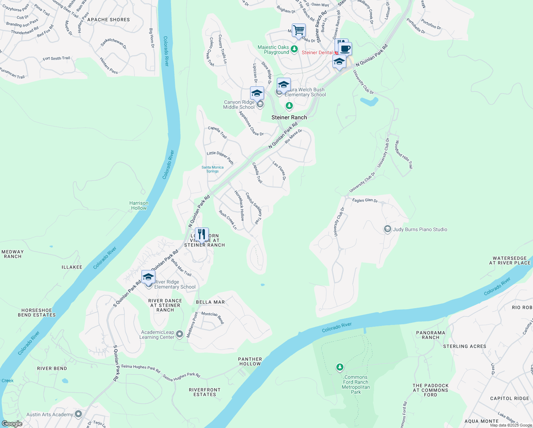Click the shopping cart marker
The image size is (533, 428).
click(x=299, y=30)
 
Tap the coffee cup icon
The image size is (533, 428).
click(x=345, y=49)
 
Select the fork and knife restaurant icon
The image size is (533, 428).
click(x=202, y=234)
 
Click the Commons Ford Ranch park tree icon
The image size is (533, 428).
click(x=340, y=367)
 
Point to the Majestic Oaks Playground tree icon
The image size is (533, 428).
click(x=294, y=49)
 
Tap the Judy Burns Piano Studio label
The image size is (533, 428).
click(x=420, y=229)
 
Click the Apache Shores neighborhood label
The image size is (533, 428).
click(x=108, y=20)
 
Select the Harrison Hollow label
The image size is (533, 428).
click(x=139, y=205)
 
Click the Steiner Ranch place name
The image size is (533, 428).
click(x=289, y=117)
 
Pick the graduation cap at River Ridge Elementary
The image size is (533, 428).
click(x=148, y=277)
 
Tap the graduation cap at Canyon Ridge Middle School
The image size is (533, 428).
click(x=257, y=93)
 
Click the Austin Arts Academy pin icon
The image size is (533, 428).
click(x=78, y=414)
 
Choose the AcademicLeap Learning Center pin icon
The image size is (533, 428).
click(x=180, y=334)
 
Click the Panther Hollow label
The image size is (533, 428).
click(x=250, y=361)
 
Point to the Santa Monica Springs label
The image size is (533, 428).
click(x=212, y=169)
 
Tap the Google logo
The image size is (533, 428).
click(x=12, y=423)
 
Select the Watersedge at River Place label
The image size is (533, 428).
click(x=509, y=260)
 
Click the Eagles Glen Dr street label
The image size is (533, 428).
click(x=364, y=200)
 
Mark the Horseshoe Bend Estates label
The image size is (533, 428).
click(x=37, y=312)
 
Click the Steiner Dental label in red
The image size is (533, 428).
click(x=317, y=52)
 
